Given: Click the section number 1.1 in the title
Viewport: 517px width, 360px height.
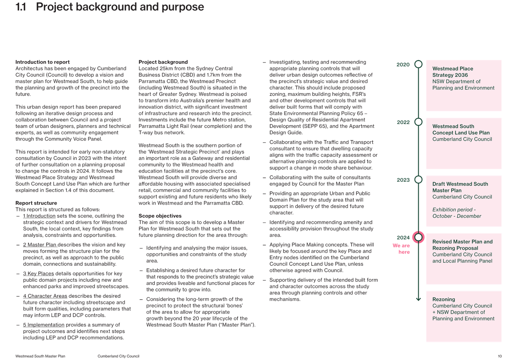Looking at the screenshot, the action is click(x=20, y=7).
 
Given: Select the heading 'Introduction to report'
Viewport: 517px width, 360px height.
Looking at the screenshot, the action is click(x=43, y=62).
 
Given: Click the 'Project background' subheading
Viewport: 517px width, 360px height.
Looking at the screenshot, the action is click(x=163, y=62).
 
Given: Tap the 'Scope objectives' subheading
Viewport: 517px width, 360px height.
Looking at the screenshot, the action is click(x=160, y=216).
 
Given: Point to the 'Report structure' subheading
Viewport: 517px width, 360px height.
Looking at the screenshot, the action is click(x=36, y=203).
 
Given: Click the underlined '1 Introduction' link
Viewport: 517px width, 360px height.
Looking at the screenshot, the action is click(x=39, y=216).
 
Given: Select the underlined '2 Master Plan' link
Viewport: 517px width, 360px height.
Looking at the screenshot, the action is click(x=40, y=244).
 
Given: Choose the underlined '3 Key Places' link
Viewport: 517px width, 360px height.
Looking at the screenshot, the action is click(x=38, y=273).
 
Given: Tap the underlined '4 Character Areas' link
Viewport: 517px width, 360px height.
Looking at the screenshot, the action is click(x=45, y=296).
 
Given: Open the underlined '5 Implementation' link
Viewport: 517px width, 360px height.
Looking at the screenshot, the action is click(x=44, y=325).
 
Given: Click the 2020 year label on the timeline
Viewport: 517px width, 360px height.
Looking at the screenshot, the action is click(x=403, y=65).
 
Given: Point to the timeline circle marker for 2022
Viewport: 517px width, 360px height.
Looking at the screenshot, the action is click(x=418, y=122).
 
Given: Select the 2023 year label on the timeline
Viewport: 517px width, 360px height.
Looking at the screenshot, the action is click(x=403, y=180).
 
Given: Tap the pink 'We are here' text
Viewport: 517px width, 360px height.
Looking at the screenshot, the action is click(x=401, y=249).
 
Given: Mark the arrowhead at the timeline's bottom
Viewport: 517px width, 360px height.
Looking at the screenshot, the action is click(x=418, y=299).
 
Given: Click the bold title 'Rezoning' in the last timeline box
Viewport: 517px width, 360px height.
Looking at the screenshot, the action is click(x=444, y=299).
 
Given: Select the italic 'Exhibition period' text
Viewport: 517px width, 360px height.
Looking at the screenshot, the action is click(x=454, y=209).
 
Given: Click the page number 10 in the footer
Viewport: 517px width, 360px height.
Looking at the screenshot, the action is click(x=500, y=356).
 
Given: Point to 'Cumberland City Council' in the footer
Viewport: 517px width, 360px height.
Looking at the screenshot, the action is click(x=119, y=356).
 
